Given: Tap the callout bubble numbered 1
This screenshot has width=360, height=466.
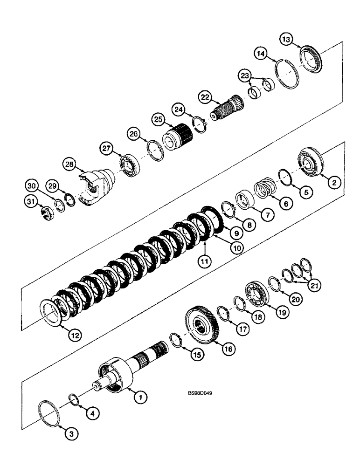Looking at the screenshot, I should tap(138, 397).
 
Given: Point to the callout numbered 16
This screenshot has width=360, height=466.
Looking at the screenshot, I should tap(228, 349).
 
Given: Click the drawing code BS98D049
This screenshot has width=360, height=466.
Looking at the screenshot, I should tap(201, 393).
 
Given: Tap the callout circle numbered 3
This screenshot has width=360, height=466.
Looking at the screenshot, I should tap(71, 434).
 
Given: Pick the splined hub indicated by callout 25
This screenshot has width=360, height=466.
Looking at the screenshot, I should tap(177, 134).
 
